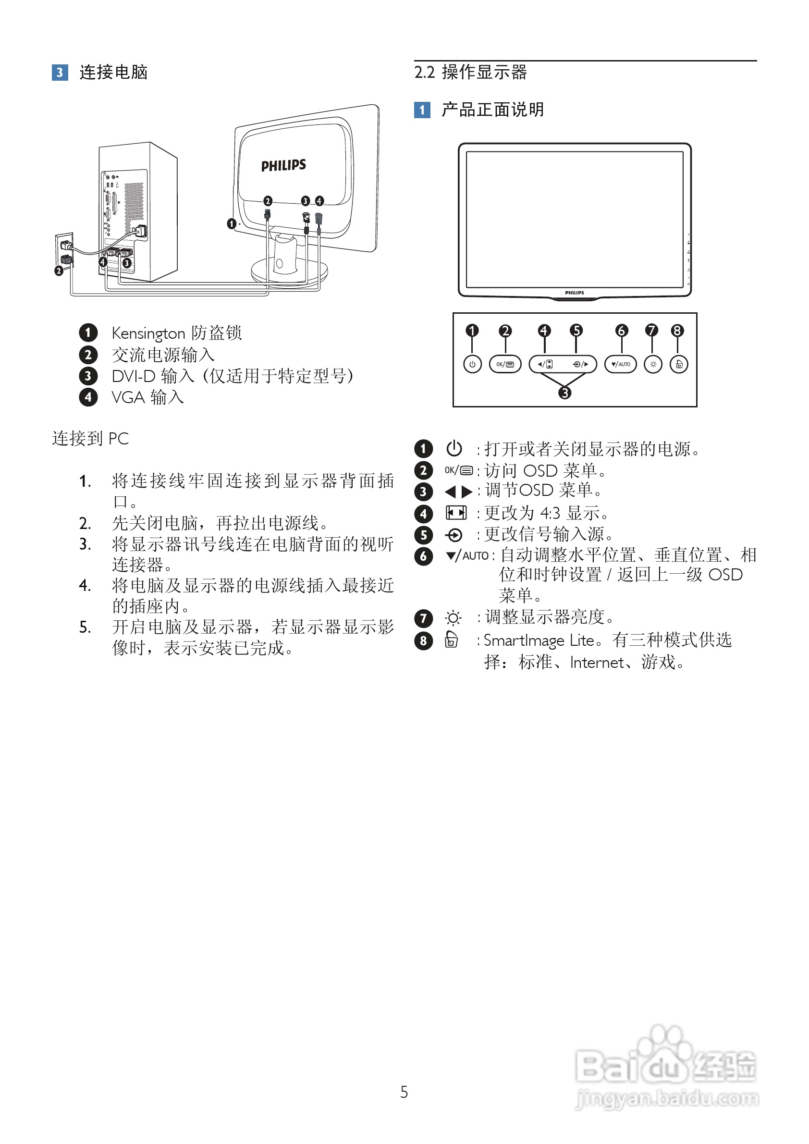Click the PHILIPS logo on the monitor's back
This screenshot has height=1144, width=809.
coord(283,165)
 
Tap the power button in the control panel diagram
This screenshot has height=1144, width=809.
coord(472,364)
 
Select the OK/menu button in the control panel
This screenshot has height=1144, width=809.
coord(504,364)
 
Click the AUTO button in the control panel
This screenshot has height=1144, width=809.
coord(620,364)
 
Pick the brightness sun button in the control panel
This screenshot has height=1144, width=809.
coord(653,364)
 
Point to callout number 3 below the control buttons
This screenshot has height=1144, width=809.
coord(564,393)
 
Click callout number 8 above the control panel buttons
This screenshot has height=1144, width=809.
coord(676,331)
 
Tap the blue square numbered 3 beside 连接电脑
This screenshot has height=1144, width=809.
coord(60,73)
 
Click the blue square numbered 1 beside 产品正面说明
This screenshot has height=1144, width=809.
coord(422,110)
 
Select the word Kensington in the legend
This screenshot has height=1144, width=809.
coord(148,333)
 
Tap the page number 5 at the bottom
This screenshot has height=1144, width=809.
coord(404,1092)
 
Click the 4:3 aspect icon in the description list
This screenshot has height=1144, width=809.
coord(456,513)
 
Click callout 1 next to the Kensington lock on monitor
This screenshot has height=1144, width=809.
coord(231,224)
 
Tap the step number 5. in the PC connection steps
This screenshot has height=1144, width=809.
coord(85,627)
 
